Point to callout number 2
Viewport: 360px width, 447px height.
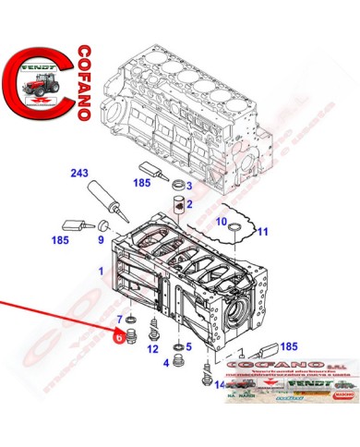[x=187, y=205]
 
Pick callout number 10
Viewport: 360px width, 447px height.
[x=221, y=223]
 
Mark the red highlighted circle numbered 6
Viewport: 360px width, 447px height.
[x=118, y=337]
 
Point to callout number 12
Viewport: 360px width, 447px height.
[x=152, y=348]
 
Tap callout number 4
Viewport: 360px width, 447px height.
[x=166, y=363]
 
